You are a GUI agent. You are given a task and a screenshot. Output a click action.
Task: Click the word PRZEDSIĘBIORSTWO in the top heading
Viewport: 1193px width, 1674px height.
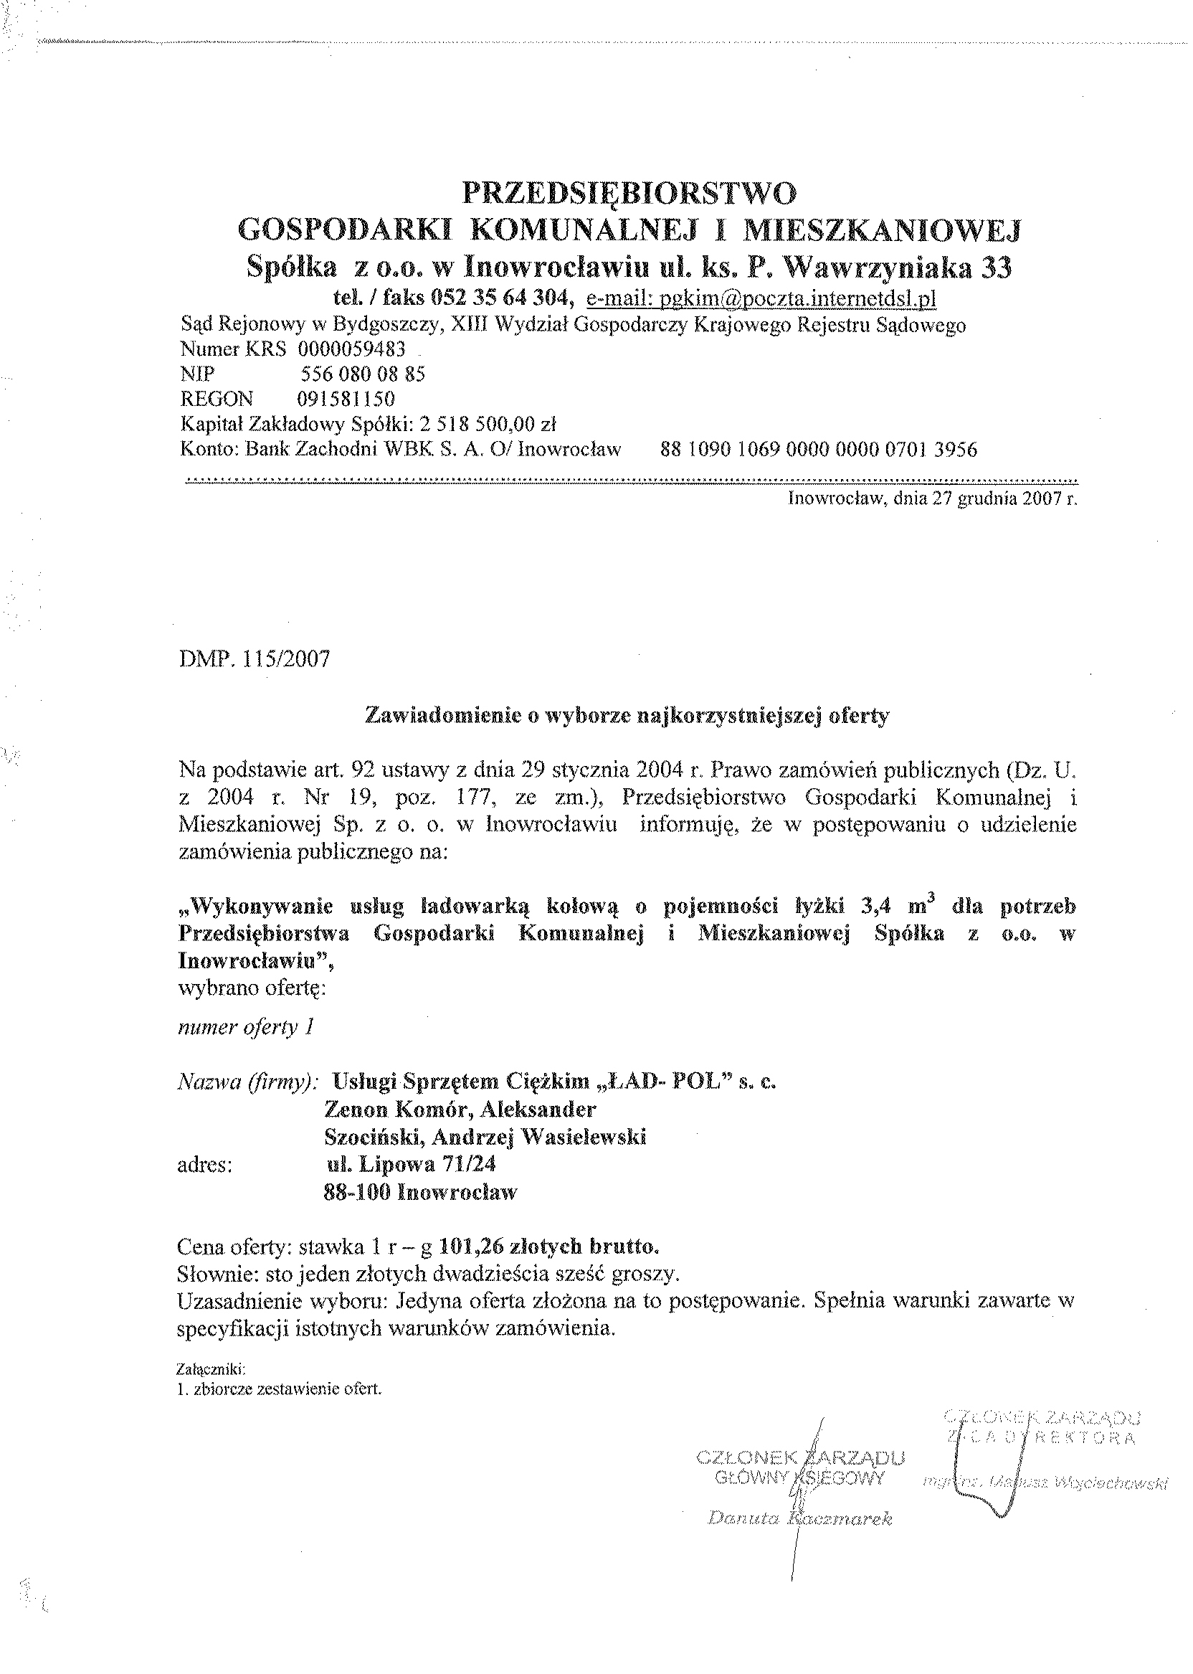(x=629, y=193)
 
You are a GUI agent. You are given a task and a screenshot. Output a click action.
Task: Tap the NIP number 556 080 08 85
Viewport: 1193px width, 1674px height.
(x=363, y=375)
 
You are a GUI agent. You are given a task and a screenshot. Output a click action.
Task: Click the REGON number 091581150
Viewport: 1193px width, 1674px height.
(x=346, y=399)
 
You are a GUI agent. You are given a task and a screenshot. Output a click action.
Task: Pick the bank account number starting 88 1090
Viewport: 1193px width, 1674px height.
(x=819, y=449)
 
